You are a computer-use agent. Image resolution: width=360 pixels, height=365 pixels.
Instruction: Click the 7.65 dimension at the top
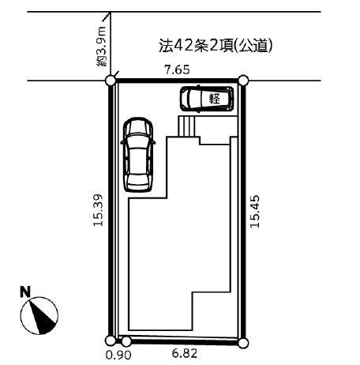(x=177, y=70)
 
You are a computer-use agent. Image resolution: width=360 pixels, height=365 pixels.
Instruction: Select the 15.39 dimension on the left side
(x=99, y=210)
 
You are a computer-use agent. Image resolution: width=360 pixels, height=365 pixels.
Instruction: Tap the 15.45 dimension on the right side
(x=255, y=211)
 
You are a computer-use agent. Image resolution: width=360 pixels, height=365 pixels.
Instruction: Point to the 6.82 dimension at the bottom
(x=185, y=353)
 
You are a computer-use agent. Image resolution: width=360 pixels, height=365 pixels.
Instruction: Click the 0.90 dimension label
(x=118, y=356)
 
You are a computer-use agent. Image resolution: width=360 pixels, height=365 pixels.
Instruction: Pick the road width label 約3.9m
(x=101, y=47)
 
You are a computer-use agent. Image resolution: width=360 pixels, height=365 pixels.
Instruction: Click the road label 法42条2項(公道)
(x=216, y=46)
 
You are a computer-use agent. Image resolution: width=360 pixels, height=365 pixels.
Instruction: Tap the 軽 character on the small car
(x=215, y=99)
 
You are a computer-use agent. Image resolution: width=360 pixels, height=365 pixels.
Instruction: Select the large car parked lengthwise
(x=138, y=155)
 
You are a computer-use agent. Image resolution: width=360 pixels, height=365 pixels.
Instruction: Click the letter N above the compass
(x=25, y=292)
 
